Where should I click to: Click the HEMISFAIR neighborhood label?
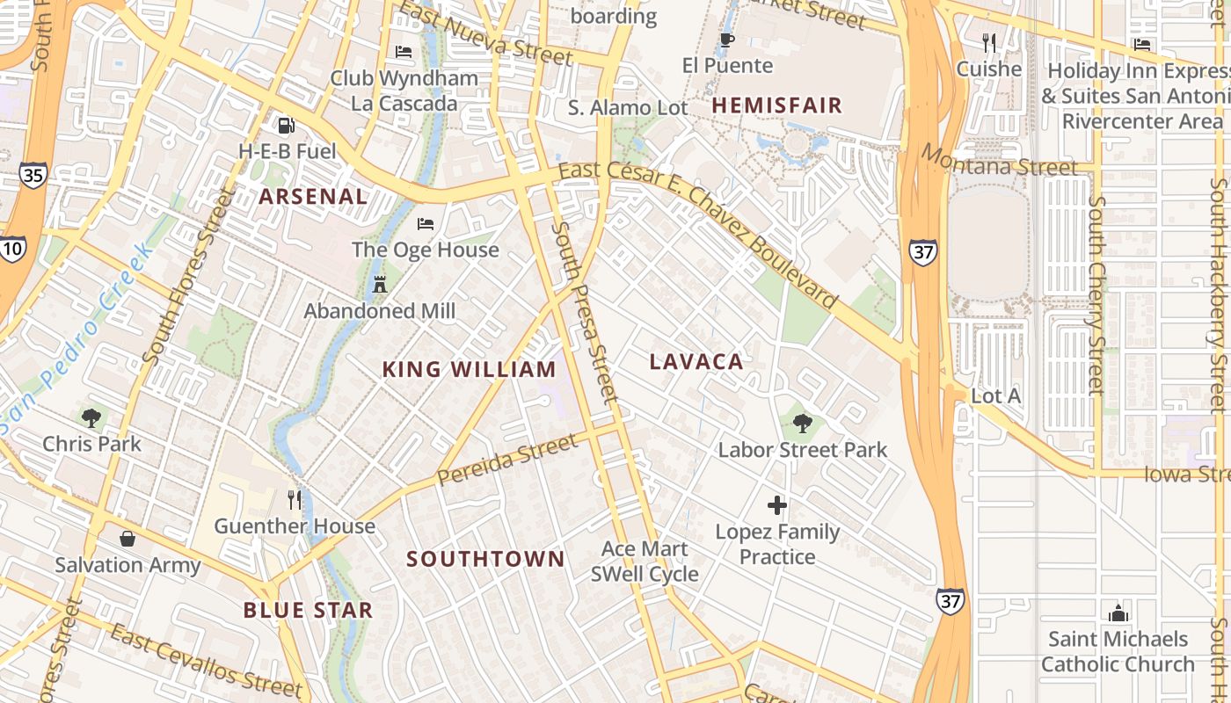(x=776, y=105)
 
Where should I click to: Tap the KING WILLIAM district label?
(x=469, y=369)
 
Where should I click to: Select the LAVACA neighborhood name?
(x=696, y=361)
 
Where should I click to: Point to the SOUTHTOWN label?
(x=485, y=559)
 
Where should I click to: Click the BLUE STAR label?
(x=308, y=610)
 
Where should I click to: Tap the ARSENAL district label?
(x=313, y=196)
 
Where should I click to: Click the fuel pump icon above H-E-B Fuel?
(x=286, y=126)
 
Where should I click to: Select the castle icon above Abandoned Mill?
(x=380, y=285)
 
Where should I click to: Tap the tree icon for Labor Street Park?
(x=802, y=424)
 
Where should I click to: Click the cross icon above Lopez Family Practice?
(x=777, y=505)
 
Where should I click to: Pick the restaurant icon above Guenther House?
(x=295, y=500)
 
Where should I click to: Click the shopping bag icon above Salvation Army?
(x=127, y=538)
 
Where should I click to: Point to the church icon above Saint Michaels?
(x=1118, y=612)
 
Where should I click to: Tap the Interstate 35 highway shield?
(x=33, y=175)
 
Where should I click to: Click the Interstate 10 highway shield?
(x=11, y=250)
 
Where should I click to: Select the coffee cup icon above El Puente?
(x=727, y=40)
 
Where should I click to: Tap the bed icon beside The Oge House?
(x=426, y=223)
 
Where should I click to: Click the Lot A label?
(x=995, y=396)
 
